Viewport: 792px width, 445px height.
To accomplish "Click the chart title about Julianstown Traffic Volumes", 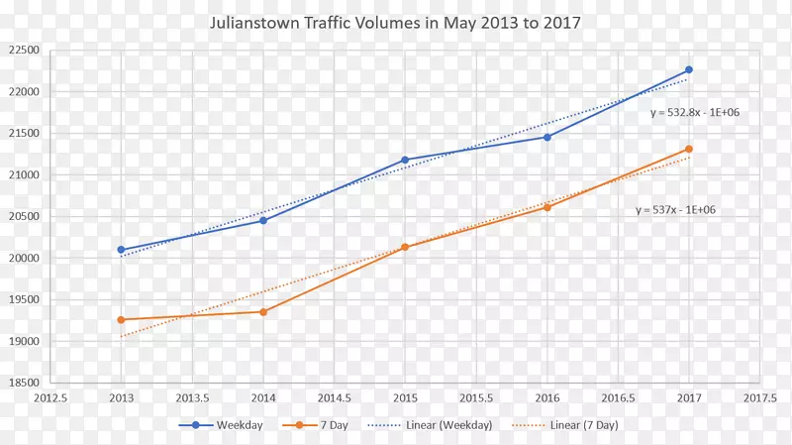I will click(396, 21).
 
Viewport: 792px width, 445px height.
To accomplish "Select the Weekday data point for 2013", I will click(121, 250).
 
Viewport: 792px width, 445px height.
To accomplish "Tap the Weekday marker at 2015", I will click(405, 160).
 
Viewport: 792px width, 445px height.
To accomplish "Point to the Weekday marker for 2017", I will click(689, 70).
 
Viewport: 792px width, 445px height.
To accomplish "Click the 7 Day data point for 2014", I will click(263, 312).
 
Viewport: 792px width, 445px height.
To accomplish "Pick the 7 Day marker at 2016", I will click(546, 207).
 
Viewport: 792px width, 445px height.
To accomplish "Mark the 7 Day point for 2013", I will click(121, 320).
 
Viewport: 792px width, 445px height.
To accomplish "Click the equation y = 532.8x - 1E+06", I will click(695, 113).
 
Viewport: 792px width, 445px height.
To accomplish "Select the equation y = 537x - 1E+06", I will click(675, 210).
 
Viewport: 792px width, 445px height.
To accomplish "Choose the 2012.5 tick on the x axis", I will click(50, 398).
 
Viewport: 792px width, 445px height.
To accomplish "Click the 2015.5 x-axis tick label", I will click(476, 398).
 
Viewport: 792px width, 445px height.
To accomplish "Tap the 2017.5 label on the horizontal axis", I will click(759, 398).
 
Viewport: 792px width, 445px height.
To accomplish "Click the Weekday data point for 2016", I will click(546, 137).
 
